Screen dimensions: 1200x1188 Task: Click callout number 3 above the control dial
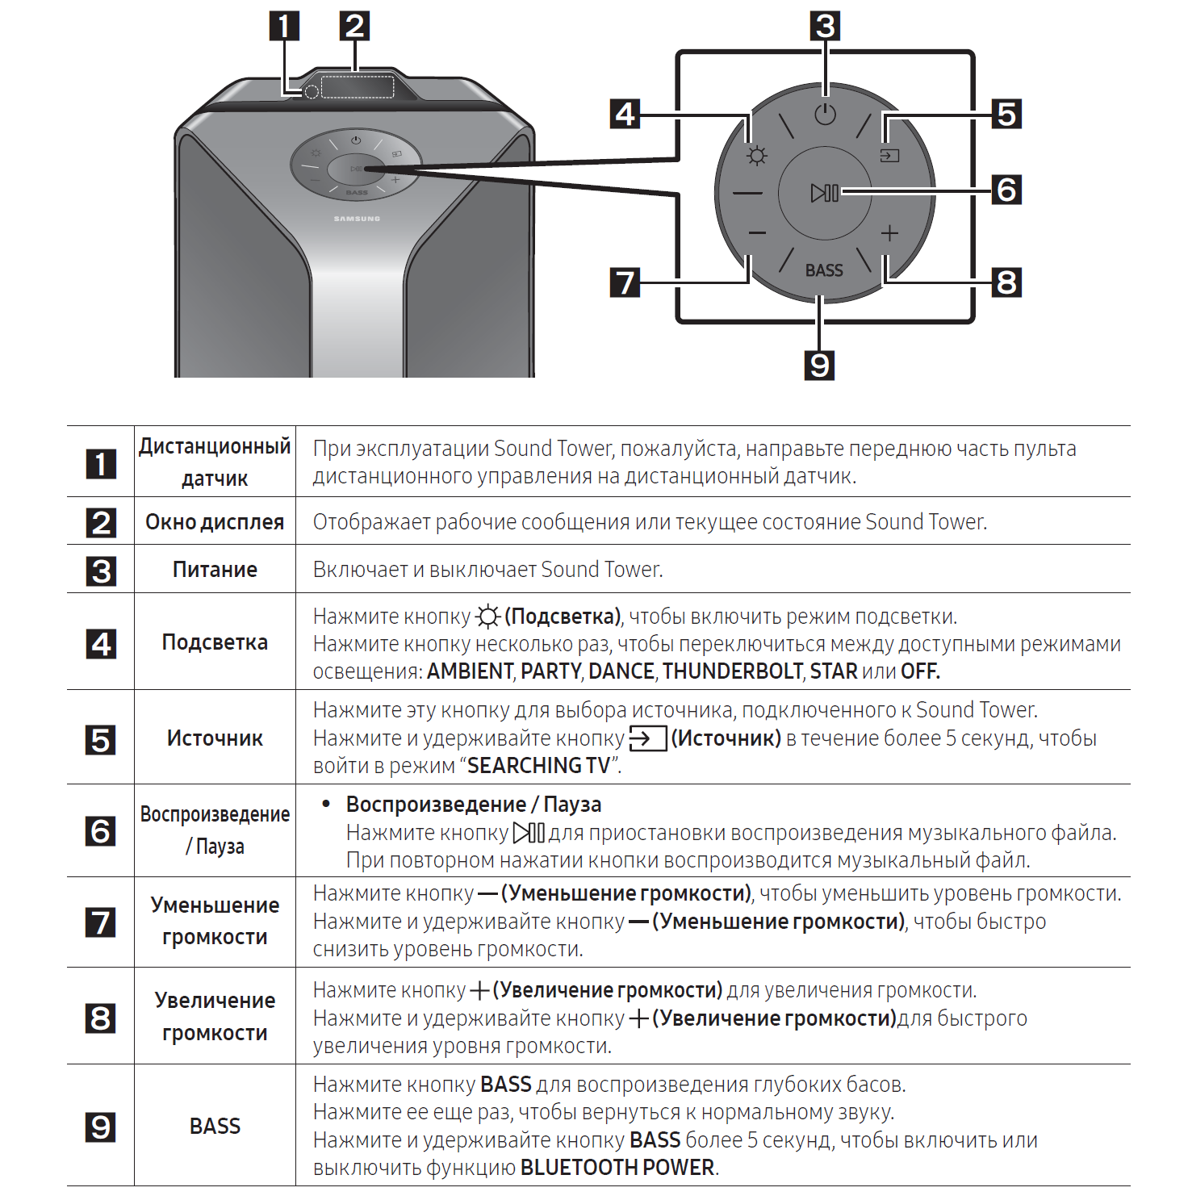click(x=825, y=26)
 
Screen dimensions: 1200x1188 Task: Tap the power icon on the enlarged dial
click(x=825, y=115)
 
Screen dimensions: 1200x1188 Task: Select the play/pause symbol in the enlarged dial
click(x=824, y=194)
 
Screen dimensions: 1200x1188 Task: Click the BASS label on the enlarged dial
click(x=824, y=270)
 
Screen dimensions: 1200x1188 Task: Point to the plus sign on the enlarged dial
click(x=889, y=233)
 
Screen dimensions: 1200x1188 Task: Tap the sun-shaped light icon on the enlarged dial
click(x=756, y=156)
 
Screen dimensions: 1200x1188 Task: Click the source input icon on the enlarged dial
click(x=889, y=155)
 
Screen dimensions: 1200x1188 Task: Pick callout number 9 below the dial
click(x=819, y=365)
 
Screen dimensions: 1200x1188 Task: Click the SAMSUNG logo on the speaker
click(x=357, y=219)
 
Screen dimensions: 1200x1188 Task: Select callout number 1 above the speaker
click(x=283, y=26)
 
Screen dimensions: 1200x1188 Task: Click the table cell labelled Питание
click(x=215, y=570)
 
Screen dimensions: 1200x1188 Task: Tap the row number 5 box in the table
click(x=101, y=739)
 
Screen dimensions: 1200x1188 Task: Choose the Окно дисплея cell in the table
click(x=215, y=522)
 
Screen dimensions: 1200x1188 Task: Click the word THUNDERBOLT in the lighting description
click(x=733, y=671)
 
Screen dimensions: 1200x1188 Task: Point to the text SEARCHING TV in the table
click(x=538, y=766)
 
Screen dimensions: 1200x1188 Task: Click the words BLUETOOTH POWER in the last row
click(x=617, y=1168)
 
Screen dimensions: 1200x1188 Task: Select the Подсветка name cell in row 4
click(x=215, y=642)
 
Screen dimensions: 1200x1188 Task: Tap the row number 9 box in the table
click(x=101, y=1127)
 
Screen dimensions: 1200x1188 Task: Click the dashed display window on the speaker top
click(x=358, y=87)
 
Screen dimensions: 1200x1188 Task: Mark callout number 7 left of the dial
click(x=625, y=282)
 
